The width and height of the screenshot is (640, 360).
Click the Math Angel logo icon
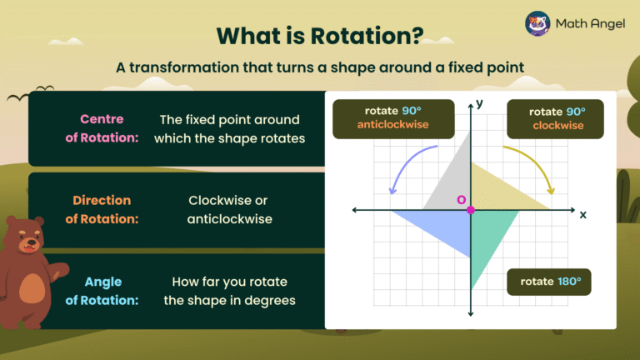click(x=537, y=23)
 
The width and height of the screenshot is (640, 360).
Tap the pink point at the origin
click(x=471, y=210)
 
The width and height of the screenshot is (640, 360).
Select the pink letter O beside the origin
click(x=460, y=200)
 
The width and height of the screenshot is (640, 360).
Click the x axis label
click(x=582, y=214)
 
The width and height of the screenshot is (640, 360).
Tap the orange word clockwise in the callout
click(x=557, y=126)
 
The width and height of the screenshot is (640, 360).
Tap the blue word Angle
click(x=103, y=282)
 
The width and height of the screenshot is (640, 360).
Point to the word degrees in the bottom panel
click(x=270, y=299)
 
